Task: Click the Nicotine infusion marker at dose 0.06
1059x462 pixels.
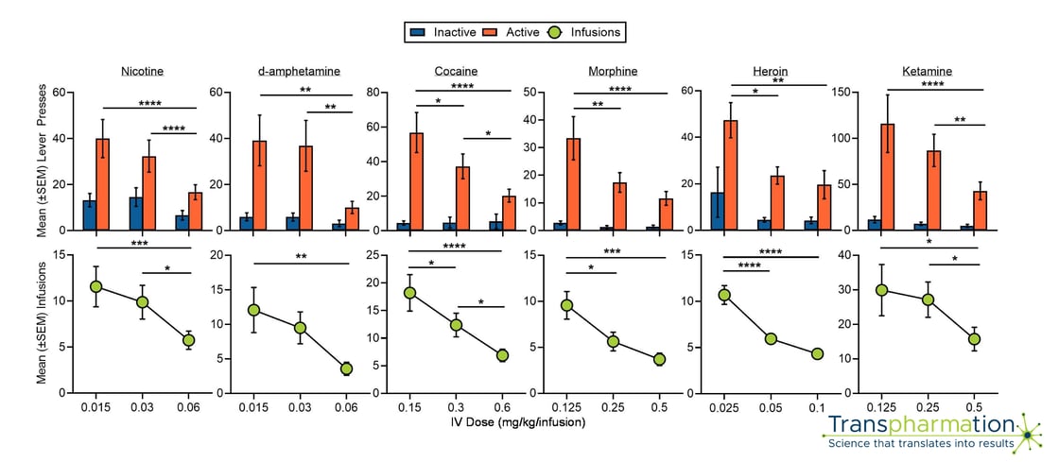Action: [x=188, y=340]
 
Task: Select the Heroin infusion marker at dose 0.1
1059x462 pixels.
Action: [x=817, y=353]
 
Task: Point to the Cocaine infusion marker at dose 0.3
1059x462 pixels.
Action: [x=456, y=325]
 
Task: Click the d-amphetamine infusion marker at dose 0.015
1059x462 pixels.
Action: [x=253, y=310]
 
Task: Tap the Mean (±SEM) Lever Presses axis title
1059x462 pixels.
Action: [x=42, y=162]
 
